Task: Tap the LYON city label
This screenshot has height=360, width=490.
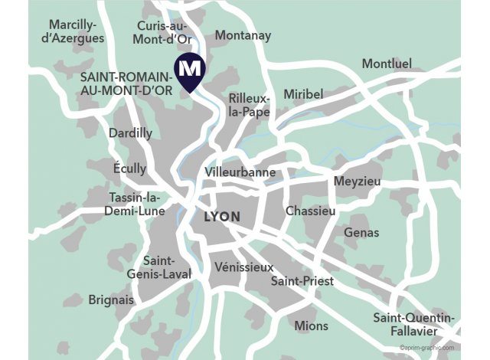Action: [x=222, y=217]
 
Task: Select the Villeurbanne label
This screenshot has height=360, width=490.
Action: [x=240, y=172]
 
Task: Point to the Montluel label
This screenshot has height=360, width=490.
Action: [x=387, y=64]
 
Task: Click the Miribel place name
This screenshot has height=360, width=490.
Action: [x=304, y=93]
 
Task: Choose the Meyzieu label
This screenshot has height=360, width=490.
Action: [x=357, y=182]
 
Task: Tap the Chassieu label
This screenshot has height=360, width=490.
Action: [x=310, y=210]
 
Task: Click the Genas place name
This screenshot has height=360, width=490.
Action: [x=361, y=232]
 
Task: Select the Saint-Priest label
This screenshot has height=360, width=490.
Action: [x=302, y=281]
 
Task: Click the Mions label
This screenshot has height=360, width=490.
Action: [x=311, y=326]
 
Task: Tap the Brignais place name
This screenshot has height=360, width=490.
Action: [x=111, y=299]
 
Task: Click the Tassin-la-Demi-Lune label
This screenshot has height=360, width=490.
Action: [x=135, y=203]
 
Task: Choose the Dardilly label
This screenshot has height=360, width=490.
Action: [x=131, y=133]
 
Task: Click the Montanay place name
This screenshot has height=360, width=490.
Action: [x=243, y=35]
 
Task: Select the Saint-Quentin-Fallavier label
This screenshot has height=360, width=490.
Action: [x=414, y=324]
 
